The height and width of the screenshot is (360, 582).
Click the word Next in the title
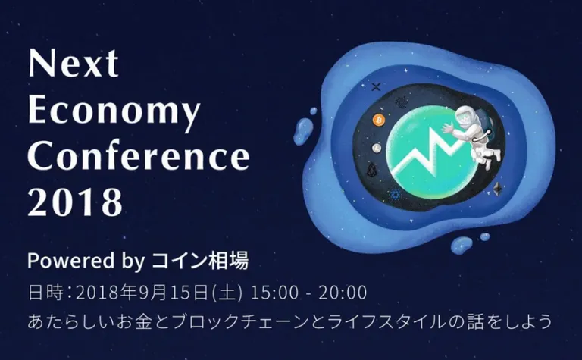click(74, 63)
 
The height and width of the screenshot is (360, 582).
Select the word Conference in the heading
click(139, 155)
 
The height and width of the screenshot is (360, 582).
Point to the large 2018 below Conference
click(75, 202)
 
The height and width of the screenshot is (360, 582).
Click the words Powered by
click(86, 261)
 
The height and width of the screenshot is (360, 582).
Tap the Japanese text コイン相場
click(200, 260)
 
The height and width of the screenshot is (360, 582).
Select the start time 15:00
click(274, 293)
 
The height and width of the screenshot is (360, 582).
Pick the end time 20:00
click(343, 293)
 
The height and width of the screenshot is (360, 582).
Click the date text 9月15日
click(174, 293)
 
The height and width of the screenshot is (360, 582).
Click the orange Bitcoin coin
click(379, 120)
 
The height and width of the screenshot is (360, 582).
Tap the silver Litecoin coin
click(377, 148)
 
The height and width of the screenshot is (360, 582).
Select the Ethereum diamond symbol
click(497, 189)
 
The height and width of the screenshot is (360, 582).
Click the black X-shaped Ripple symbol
click(376, 87)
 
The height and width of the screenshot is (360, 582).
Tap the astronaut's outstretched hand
click(447, 128)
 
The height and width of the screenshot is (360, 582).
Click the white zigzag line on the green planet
click(429, 152)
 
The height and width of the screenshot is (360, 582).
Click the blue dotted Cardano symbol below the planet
click(395, 194)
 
